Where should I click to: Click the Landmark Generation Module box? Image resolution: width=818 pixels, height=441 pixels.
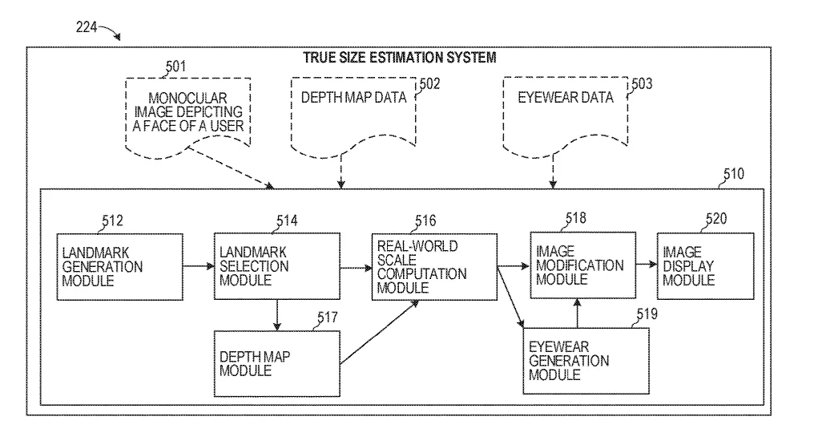tap(120, 267)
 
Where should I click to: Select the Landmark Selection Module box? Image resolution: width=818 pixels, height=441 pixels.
tap(277, 266)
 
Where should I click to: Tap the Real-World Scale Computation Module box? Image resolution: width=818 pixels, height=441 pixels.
tap(434, 267)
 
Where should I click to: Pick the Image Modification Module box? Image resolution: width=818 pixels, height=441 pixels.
tap(583, 265)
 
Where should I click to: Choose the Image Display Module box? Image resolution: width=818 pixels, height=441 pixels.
tap(705, 266)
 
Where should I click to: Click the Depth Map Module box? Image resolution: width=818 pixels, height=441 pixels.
tap(277, 363)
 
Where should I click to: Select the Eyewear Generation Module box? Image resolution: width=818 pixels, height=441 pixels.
tap(586, 361)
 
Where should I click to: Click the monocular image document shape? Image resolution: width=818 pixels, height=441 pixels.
tap(187, 117)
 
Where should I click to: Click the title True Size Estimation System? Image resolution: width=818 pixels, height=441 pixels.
tap(400, 58)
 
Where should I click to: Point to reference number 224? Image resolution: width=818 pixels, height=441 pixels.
tap(87, 26)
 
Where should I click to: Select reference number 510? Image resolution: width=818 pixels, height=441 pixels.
tap(734, 174)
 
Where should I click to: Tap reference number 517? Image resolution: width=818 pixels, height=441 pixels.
tap(327, 318)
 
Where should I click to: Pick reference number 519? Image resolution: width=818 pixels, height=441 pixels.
tap(647, 314)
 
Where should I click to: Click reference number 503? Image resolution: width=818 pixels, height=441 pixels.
tap(642, 83)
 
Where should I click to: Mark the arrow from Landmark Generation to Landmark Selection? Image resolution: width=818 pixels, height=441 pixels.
tap(199, 266)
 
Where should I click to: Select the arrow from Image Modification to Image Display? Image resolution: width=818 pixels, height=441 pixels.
tap(647, 265)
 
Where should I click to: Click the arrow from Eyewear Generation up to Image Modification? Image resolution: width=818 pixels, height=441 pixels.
tap(577, 314)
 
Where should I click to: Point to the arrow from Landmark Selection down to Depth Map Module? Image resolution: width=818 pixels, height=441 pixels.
tap(277, 315)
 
